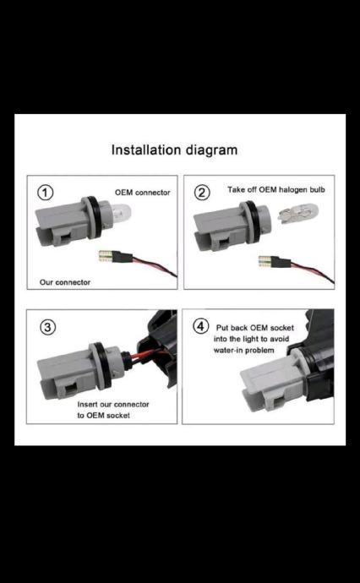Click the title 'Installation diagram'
(x=174, y=150)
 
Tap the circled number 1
(x=46, y=193)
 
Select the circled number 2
(x=202, y=193)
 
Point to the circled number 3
(x=47, y=327)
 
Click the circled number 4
(x=200, y=327)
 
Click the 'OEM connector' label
(x=143, y=193)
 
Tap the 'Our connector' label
(x=65, y=282)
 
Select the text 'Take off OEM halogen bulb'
(x=276, y=189)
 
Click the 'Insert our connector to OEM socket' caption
(x=113, y=410)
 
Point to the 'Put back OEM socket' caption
(x=255, y=328)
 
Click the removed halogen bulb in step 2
(x=298, y=212)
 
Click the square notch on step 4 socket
(x=276, y=400)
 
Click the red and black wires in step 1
(x=155, y=264)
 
